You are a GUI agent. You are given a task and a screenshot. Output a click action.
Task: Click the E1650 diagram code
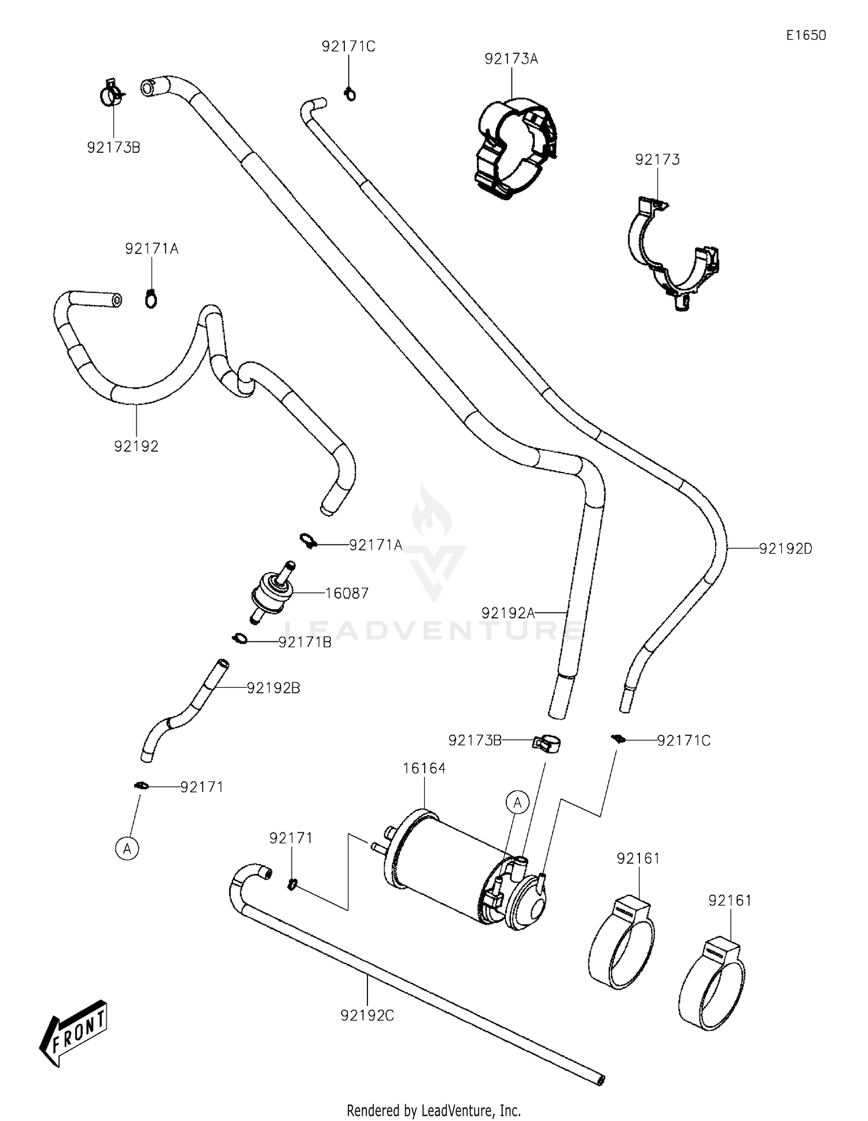(806, 35)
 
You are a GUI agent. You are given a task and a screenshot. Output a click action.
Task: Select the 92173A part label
(511, 59)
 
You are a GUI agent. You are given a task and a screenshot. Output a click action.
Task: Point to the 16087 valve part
(272, 593)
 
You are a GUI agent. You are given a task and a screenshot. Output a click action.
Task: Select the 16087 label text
(347, 593)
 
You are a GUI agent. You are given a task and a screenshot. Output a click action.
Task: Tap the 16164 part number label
(424, 769)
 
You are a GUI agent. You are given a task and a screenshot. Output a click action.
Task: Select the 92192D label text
(785, 549)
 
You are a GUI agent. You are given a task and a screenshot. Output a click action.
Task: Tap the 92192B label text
(273, 688)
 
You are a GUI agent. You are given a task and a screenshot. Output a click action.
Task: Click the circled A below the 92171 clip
(127, 849)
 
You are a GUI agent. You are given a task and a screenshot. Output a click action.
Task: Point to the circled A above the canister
(517, 803)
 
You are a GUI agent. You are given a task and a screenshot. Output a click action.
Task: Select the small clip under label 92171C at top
(350, 93)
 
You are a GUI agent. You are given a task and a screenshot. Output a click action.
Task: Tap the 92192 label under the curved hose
(136, 447)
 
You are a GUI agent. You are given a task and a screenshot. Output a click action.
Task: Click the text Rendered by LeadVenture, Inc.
(433, 1111)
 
